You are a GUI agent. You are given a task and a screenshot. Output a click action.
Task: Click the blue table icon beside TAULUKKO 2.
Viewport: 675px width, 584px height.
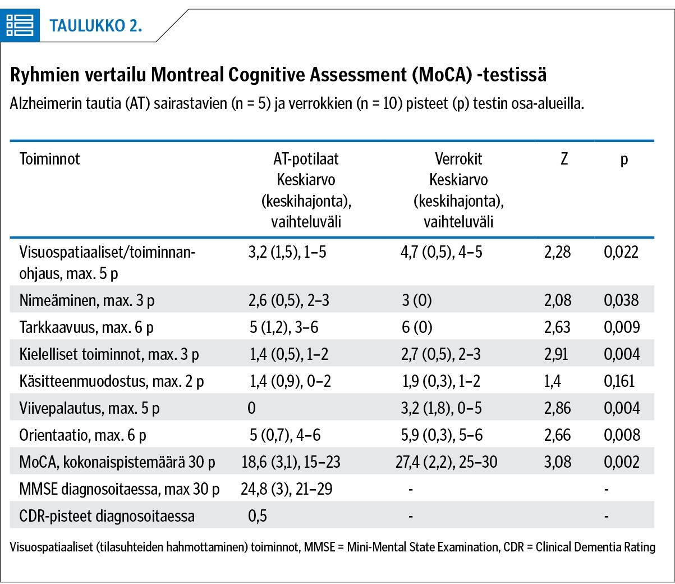click(20, 25)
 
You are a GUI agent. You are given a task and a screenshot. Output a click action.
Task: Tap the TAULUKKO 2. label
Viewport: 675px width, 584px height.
click(96, 26)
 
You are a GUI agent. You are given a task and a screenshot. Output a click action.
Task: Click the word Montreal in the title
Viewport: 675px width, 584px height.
click(188, 75)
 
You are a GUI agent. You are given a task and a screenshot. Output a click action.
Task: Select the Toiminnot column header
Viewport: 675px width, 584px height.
click(49, 159)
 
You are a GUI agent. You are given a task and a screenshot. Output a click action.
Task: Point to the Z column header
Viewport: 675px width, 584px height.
click(564, 159)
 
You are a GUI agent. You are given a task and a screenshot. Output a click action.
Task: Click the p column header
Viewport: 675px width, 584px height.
click(624, 161)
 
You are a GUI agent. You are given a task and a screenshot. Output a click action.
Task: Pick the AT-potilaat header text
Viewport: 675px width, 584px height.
click(306, 159)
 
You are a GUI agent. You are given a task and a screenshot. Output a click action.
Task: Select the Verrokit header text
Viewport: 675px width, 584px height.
click(458, 159)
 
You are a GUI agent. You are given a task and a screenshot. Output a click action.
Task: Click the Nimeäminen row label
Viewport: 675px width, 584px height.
click(87, 300)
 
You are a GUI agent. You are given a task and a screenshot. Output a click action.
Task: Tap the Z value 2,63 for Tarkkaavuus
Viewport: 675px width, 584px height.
click(557, 327)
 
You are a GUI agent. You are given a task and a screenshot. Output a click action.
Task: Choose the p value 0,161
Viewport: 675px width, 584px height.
click(619, 381)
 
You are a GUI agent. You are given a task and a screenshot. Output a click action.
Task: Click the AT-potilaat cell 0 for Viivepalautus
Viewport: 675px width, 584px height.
click(251, 408)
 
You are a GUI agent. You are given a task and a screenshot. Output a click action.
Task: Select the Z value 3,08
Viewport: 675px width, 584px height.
click(557, 462)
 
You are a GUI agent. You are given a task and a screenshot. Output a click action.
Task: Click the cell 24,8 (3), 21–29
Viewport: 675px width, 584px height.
click(287, 489)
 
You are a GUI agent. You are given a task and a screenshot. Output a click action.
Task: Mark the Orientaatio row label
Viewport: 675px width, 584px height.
click(82, 435)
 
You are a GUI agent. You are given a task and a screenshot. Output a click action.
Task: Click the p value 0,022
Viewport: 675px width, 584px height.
click(621, 252)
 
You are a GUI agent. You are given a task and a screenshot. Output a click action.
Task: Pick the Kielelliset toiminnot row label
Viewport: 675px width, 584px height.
click(109, 354)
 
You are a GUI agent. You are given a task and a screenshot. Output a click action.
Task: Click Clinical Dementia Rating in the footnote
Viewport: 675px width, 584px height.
click(595, 547)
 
